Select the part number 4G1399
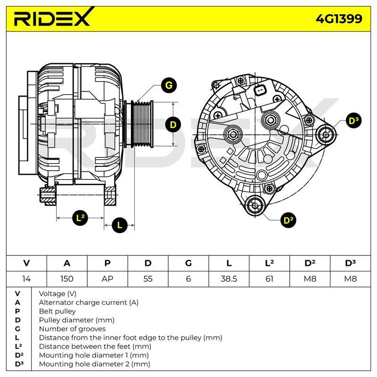coord(339,19)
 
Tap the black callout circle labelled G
coord(169,85)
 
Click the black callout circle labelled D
coord(173,124)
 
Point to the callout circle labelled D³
coord(353,121)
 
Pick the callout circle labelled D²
coord(288,220)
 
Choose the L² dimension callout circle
coord(80,218)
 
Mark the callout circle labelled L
coord(120,225)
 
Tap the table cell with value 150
coord(67,279)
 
